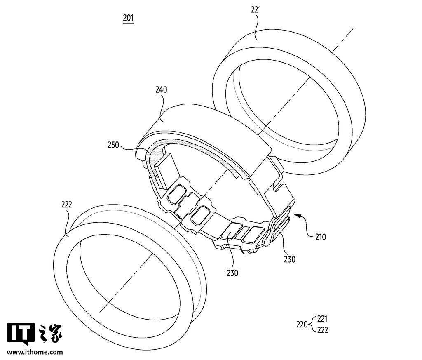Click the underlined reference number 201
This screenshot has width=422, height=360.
[129, 18]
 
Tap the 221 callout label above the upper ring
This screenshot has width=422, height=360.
[256, 10]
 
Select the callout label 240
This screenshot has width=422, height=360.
[161, 89]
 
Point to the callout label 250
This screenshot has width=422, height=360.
[113, 145]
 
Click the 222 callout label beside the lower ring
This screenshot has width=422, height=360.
[66, 205]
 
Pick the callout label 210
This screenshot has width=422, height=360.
[320, 237]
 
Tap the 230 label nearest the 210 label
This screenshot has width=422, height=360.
[290, 259]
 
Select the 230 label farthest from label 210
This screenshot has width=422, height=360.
[232, 273]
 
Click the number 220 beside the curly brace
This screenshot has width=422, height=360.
[302, 325]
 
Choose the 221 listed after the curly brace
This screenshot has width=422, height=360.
[322, 319]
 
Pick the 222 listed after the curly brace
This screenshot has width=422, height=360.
[322, 330]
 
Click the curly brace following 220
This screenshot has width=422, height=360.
[312, 325]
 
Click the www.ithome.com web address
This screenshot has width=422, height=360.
[35, 352]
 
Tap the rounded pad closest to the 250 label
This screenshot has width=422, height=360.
[176, 193]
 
